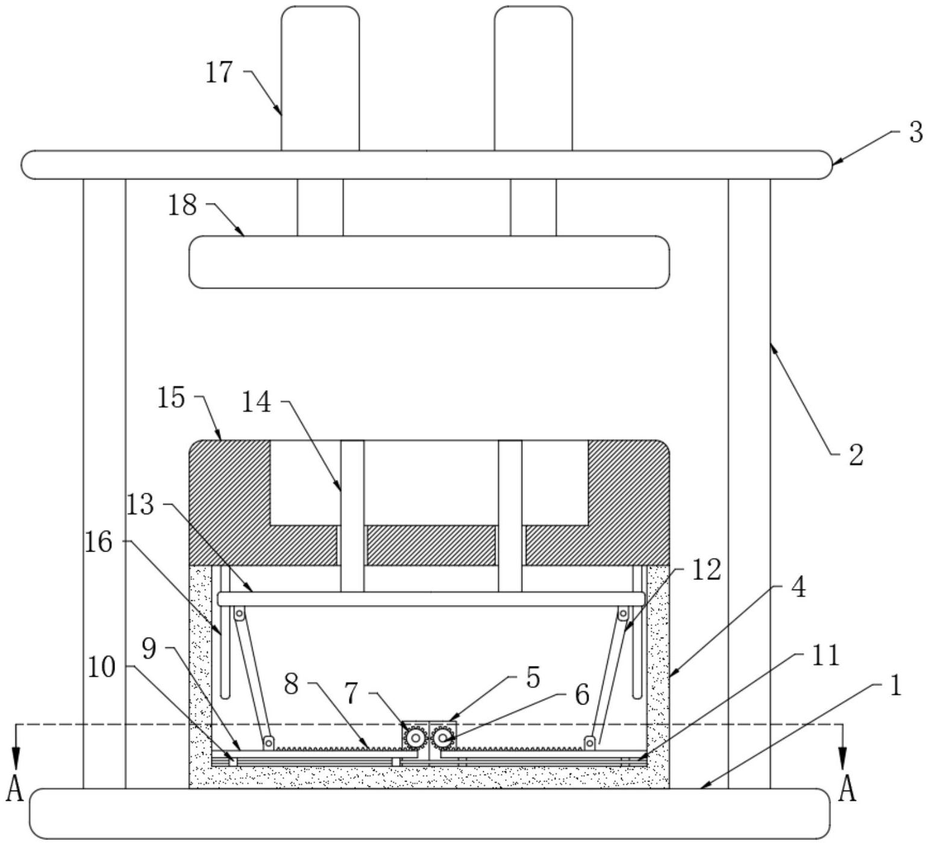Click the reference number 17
(x=219, y=73)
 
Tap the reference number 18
(x=183, y=205)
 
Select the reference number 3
(x=916, y=132)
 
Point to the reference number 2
(x=856, y=456)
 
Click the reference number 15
(x=171, y=399)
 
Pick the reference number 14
(x=257, y=402)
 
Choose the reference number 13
(x=141, y=505)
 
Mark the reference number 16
(x=99, y=543)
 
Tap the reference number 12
(x=707, y=570)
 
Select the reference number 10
(x=101, y=668)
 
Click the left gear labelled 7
(x=415, y=738)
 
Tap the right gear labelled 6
(x=443, y=737)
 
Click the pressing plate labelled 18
(x=429, y=262)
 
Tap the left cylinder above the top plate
(x=321, y=78)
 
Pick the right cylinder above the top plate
(x=534, y=78)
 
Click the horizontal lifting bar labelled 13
(x=431, y=599)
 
